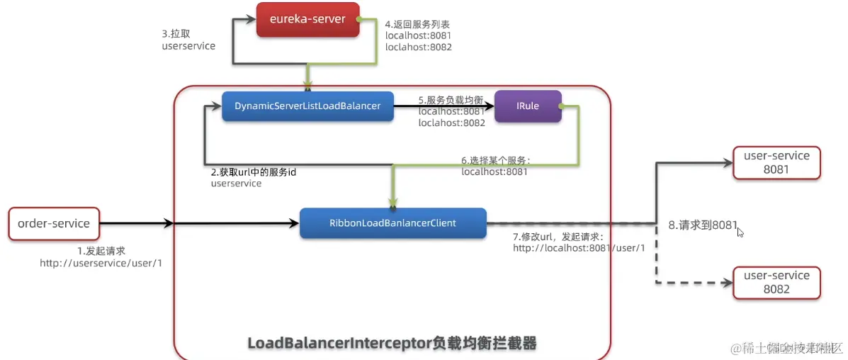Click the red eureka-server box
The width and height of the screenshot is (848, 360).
tap(307, 19)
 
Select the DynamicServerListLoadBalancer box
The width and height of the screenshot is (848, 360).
tap(307, 106)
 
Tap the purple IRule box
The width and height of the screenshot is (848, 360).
tap(528, 106)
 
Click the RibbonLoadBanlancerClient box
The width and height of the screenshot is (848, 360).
tap(392, 223)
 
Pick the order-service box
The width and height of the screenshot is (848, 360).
tap(54, 224)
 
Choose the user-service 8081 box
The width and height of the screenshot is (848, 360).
tap(776, 162)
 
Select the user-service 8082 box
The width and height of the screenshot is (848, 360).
tap(776, 282)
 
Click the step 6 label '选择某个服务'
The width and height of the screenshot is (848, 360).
tap(495, 160)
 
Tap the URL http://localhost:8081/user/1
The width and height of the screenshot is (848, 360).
tap(579, 247)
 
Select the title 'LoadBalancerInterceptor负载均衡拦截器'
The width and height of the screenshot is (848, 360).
tap(392, 343)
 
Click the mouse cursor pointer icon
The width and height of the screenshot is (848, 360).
tap(740, 231)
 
